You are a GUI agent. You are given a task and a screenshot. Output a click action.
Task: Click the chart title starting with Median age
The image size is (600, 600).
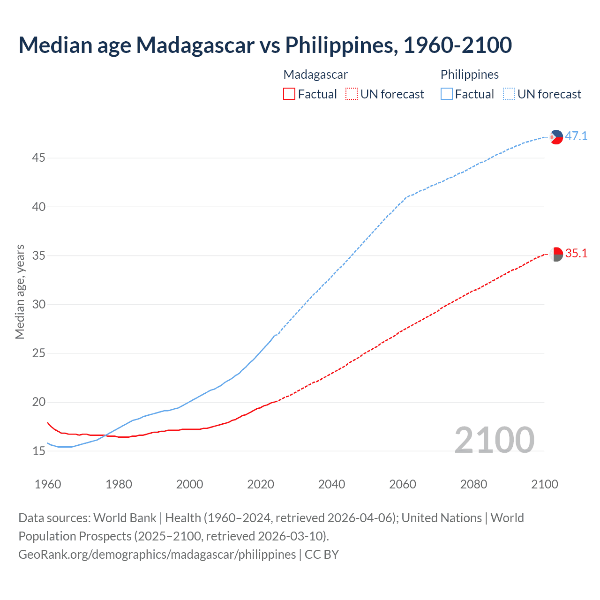pyautogui.click(x=265, y=45)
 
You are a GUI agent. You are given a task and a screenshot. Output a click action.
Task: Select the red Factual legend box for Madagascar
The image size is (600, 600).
pyautogui.click(x=289, y=94)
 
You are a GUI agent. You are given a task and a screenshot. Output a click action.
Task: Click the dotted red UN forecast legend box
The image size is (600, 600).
pyautogui.click(x=352, y=94)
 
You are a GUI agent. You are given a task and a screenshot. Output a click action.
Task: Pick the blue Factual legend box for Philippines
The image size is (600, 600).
pyautogui.click(x=446, y=94)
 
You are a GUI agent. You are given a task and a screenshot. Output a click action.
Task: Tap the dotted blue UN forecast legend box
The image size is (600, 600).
pyautogui.click(x=509, y=94)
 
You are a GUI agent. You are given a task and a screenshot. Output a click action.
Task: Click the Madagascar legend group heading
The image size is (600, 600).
pyautogui.click(x=315, y=75)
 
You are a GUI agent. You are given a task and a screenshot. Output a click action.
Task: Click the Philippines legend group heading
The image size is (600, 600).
pyautogui.click(x=469, y=75)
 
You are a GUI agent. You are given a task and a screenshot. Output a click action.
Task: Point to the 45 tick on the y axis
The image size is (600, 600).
pyautogui.click(x=38, y=158)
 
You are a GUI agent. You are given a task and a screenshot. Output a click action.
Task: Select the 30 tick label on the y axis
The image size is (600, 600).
pyautogui.click(x=38, y=305)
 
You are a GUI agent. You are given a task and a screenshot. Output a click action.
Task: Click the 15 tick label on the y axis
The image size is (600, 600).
pyautogui.click(x=38, y=451)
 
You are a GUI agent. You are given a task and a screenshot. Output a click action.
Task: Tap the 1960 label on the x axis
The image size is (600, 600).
pyautogui.click(x=48, y=484)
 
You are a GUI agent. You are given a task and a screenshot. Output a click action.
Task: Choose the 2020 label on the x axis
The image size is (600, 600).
pyautogui.click(x=261, y=484)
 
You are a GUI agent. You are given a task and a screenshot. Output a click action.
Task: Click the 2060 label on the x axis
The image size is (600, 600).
pyautogui.click(x=403, y=484)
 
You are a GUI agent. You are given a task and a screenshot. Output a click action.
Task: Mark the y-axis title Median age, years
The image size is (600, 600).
pyautogui.click(x=20, y=292)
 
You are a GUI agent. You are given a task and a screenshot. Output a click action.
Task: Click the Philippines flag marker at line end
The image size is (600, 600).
pyautogui.click(x=556, y=137)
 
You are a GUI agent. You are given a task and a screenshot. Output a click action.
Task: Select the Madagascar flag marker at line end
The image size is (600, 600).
pyautogui.click(x=556, y=254)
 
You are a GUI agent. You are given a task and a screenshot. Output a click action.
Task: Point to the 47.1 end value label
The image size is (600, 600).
pyautogui.click(x=576, y=136)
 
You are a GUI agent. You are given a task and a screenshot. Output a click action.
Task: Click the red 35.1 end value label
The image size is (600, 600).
pyautogui.click(x=576, y=254)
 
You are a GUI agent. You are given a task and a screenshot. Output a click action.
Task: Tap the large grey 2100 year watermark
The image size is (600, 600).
pyautogui.click(x=495, y=440)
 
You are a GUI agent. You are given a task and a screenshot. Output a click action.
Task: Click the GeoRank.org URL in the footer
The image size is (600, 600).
pyautogui.click(x=157, y=555)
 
